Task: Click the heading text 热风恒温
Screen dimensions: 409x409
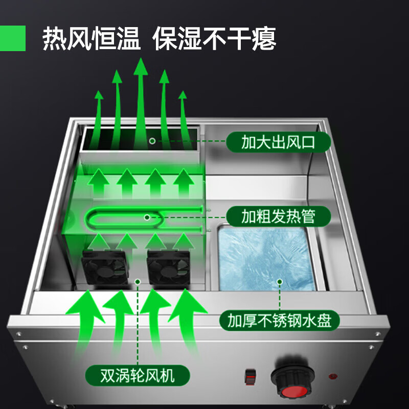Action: (92, 38)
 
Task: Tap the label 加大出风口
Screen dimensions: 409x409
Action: (279, 142)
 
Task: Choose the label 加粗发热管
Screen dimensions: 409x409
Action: (279, 217)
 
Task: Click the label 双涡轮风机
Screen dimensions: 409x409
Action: (138, 377)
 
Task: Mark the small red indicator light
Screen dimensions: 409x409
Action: (333, 379)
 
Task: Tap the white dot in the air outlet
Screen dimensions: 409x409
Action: (152, 140)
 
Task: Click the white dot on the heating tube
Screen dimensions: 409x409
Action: (148, 217)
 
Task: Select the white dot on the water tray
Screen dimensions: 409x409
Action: (279, 281)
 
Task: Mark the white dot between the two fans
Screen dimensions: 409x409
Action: (137, 281)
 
